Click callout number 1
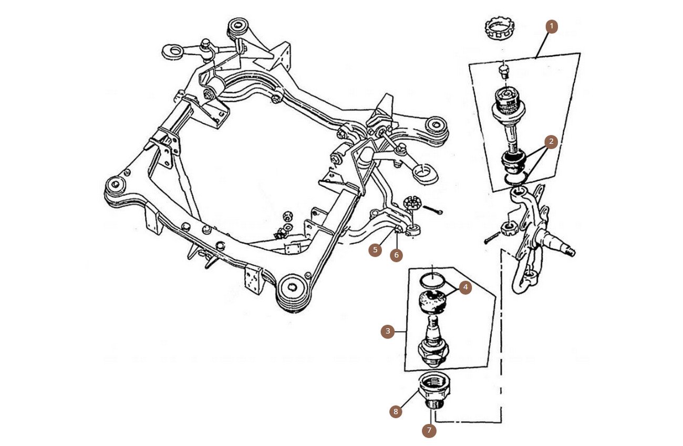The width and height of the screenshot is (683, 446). click(x=551, y=26)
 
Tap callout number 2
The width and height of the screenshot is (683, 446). click(x=551, y=142)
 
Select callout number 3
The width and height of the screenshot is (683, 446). click(x=388, y=331)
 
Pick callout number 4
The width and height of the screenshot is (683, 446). click(x=465, y=287)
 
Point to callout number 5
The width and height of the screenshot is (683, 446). click(x=375, y=250)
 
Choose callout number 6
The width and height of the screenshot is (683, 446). click(x=396, y=255)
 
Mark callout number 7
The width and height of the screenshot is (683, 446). click(x=429, y=430)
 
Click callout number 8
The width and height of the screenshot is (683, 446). click(x=396, y=411)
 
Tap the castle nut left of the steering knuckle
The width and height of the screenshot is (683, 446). click(x=508, y=228)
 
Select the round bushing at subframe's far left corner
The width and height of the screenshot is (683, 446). click(x=115, y=185)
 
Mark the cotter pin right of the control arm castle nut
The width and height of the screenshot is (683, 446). click(x=433, y=210)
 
